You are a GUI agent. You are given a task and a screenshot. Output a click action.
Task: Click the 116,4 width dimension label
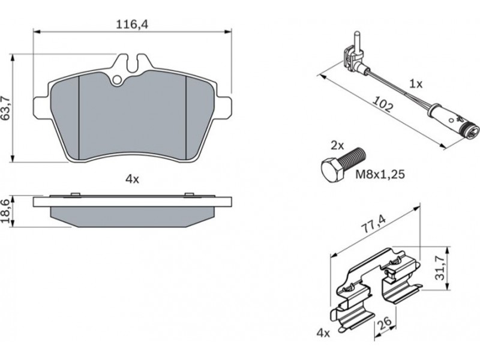132,25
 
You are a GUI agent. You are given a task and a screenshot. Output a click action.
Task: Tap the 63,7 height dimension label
7,108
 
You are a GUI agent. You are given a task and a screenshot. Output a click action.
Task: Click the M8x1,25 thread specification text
380,174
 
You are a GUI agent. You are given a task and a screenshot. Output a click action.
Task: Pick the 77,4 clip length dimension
373,224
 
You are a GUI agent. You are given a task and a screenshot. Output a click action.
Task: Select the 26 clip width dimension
385,322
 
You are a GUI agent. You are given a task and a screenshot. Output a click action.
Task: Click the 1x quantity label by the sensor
416,84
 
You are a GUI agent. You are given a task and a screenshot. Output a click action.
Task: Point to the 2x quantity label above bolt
337,145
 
